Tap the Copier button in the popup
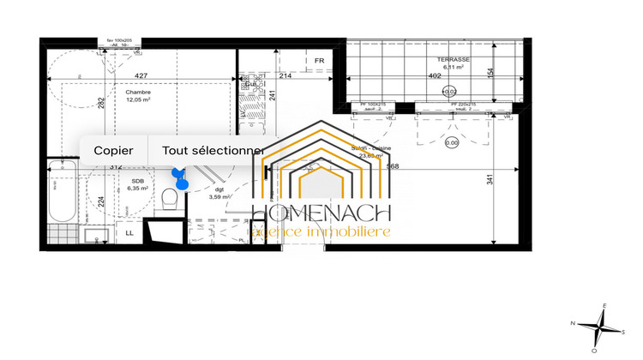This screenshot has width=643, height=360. (113, 150)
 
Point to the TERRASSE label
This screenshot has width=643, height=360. (452, 58)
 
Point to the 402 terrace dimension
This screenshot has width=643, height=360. (436, 75)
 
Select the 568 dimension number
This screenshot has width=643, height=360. (393, 166)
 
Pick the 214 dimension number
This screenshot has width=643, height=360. (286, 76)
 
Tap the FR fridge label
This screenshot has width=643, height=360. (319, 60)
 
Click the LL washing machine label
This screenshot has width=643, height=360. (129, 232)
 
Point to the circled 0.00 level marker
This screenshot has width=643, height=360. (451, 143)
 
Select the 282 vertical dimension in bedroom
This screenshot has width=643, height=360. (101, 103)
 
